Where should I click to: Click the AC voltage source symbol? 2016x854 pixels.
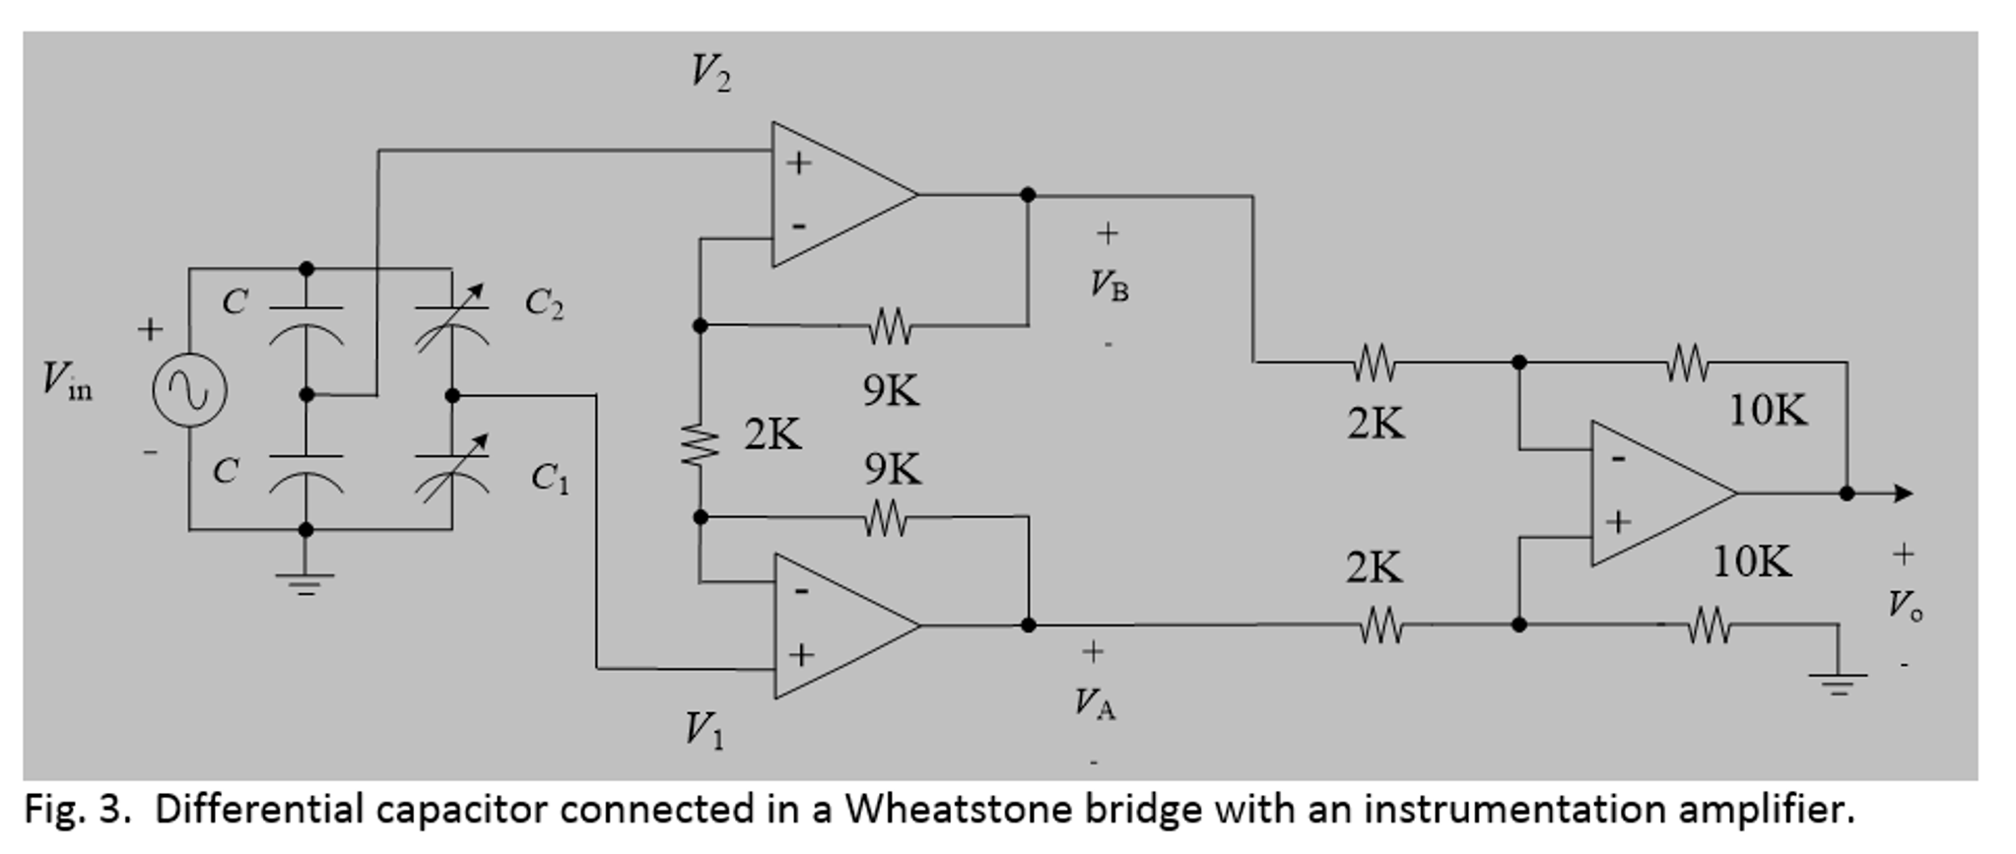pos(189,390)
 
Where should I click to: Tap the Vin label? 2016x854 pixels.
pos(67,381)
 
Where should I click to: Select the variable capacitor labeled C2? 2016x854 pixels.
pos(451,325)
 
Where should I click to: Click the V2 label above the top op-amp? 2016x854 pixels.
pos(710,73)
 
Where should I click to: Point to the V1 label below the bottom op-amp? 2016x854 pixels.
pos(704,731)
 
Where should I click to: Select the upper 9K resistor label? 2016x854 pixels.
pos(891,392)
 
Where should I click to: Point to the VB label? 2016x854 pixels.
pos(1109,286)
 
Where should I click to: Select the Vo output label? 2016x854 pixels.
pos(1904,605)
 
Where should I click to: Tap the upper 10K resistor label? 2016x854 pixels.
pos(1768,410)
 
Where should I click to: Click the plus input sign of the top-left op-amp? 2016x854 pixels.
pos(799,163)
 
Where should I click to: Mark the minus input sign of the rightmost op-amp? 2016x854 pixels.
pos(1617,460)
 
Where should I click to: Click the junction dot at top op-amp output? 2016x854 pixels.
pos(1028,195)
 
